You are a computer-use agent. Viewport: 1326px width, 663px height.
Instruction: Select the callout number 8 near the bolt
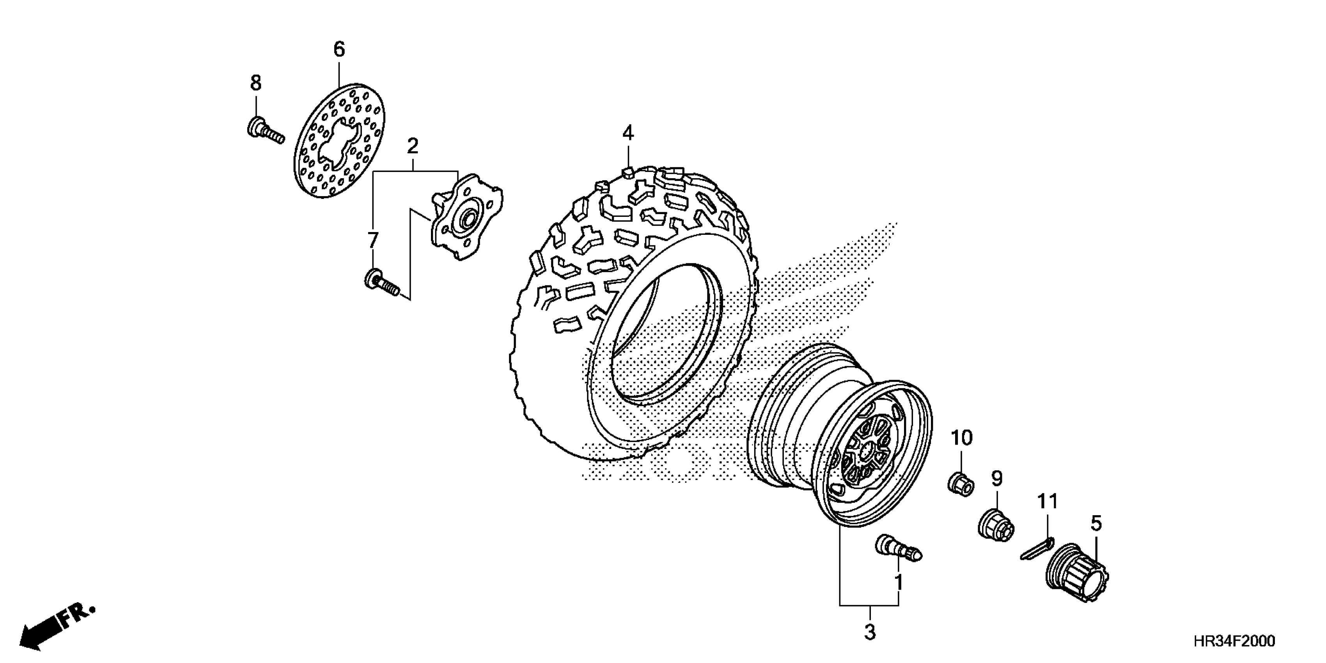pyautogui.click(x=256, y=82)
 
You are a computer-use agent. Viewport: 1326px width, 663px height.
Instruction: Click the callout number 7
pyautogui.click(x=373, y=240)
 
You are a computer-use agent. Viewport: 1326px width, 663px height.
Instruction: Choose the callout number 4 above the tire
pyautogui.click(x=628, y=133)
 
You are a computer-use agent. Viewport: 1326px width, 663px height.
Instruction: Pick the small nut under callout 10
pyautogui.click(x=961, y=484)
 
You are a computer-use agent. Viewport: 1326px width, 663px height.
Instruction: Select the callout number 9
pyautogui.click(x=997, y=479)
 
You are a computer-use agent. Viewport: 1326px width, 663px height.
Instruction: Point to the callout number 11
pyautogui.click(x=1048, y=501)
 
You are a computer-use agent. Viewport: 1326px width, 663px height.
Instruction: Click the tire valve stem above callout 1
pyautogui.click(x=898, y=548)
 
